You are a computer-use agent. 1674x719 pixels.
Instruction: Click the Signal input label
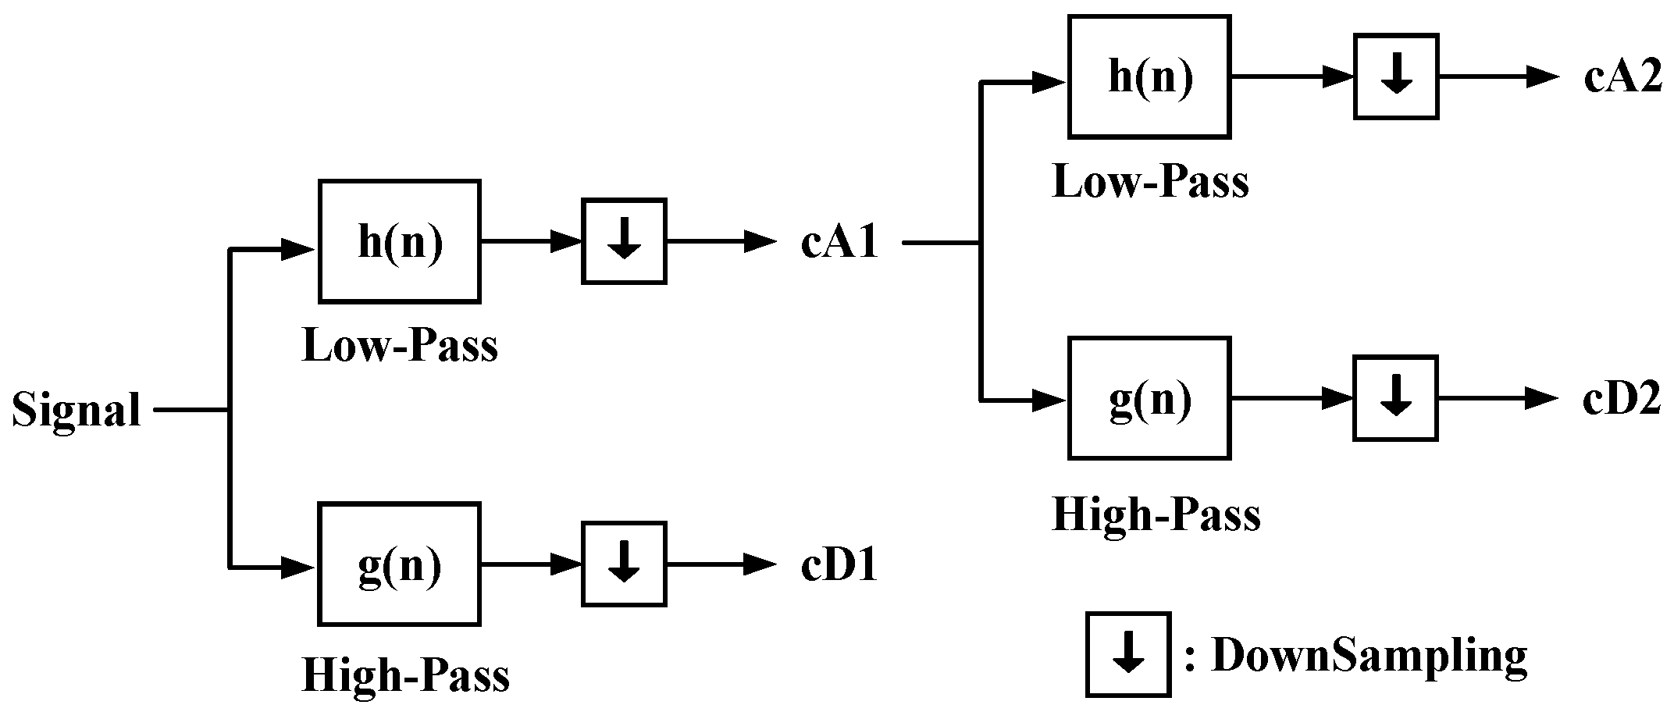coord(77,410)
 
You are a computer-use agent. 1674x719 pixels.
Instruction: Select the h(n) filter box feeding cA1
coord(399,242)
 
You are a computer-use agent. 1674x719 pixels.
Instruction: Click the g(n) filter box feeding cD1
coord(399,564)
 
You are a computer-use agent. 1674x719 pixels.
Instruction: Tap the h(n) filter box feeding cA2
coord(1149,77)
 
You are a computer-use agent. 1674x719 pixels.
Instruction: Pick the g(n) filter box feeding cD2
coord(1149,398)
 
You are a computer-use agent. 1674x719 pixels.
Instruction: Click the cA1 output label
coord(839,243)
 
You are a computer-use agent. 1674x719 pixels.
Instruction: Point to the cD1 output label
coord(839,565)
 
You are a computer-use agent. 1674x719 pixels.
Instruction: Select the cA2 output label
coord(1622,78)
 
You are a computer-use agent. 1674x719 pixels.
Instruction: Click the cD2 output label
coord(1621,400)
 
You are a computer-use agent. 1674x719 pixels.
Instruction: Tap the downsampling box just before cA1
coord(624,242)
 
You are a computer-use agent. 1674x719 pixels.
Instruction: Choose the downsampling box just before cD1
coord(624,564)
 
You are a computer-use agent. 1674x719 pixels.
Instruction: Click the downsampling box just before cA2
coord(1396,77)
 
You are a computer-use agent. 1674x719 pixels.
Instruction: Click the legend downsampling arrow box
coord(1128,654)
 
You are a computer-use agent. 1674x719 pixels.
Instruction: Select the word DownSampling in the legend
coord(1369,656)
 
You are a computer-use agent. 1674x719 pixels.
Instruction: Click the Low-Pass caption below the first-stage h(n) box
coord(399,346)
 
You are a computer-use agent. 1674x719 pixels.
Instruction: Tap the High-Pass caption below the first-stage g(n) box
coord(405,676)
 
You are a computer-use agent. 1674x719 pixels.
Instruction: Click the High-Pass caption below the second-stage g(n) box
coord(1156,515)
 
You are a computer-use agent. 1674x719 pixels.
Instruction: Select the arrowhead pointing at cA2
coord(1543,77)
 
